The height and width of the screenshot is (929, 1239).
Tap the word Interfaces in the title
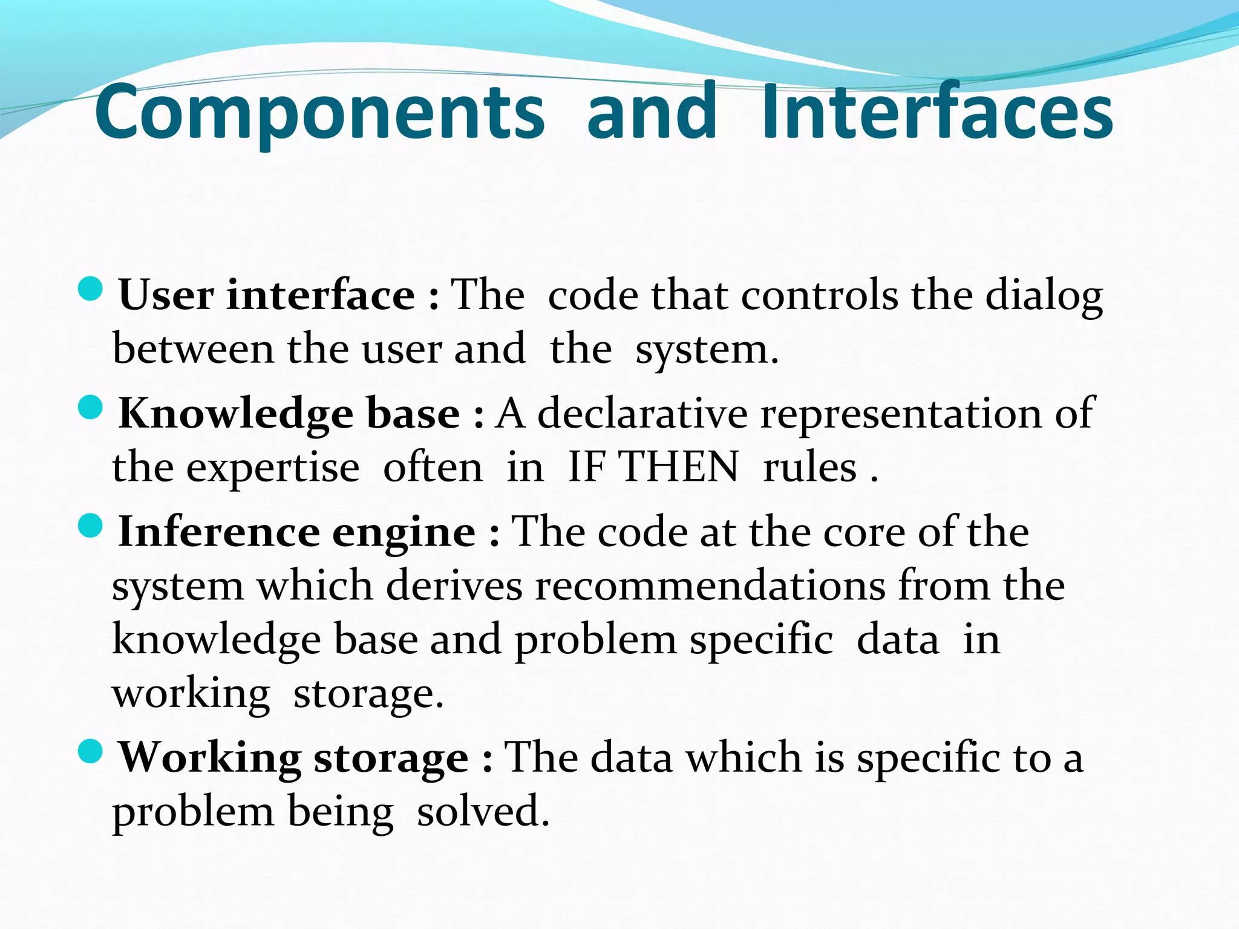click(x=937, y=112)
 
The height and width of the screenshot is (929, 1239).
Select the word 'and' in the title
click(x=652, y=112)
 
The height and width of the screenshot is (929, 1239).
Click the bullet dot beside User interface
click(x=91, y=288)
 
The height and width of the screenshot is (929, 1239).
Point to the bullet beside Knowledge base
click(x=91, y=407)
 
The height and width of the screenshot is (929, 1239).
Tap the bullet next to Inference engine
click(x=91, y=525)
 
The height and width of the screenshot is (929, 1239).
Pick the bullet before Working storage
click(x=91, y=751)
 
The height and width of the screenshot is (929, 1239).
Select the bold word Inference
click(x=218, y=532)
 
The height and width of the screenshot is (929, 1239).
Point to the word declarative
click(x=642, y=414)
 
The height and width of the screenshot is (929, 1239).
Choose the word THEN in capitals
click(x=679, y=468)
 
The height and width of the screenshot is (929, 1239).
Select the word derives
click(x=454, y=586)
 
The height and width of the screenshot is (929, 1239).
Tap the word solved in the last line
click(x=483, y=812)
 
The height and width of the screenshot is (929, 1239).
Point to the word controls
click(x=820, y=296)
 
